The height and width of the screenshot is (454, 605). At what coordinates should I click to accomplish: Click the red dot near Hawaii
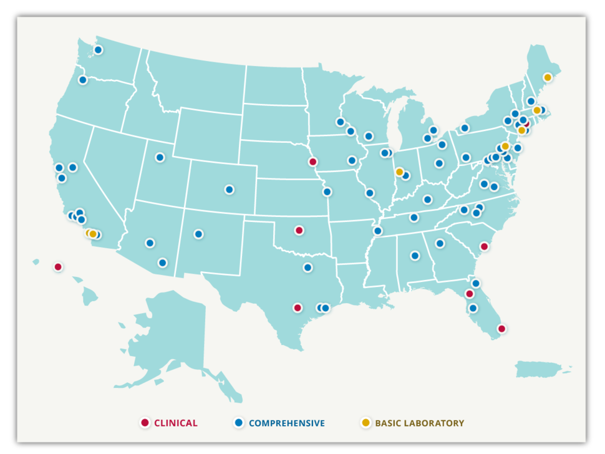pyautogui.click(x=58, y=267)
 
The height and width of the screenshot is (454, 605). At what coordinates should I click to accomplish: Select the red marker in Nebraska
pyautogui.click(x=313, y=162)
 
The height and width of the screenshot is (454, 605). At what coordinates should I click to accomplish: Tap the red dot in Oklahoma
pyautogui.click(x=299, y=230)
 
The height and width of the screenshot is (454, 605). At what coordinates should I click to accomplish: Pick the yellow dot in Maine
pyautogui.click(x=548, y=77)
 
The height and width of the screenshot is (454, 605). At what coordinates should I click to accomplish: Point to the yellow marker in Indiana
pyautogui.click(x=399, y=171)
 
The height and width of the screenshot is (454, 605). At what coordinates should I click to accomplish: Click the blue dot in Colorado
pyautogui.click(x=230, y=190)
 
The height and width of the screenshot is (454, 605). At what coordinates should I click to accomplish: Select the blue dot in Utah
pyautogui.click(x=160, y=157)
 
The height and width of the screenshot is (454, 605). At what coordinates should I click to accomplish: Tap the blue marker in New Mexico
pyautogui.click(x=198, y=234)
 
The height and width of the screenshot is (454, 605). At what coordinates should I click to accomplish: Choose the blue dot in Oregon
pyautogui.click(x=82, y=80)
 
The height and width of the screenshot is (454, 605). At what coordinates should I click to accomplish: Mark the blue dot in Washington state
pyautogui.click(x=98, y=50)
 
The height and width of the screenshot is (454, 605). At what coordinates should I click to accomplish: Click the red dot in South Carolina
pyautogui.click(x=484, y=246)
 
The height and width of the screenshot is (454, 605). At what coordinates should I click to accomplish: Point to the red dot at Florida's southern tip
pyautogui.click(x=501, y=329)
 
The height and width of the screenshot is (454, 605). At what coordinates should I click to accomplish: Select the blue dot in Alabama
pyautogui.click(x=415, y=256)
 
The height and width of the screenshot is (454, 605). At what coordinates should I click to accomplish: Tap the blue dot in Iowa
pyautogui.click(x=352, y=160)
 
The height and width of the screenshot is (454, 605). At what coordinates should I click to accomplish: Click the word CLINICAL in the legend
pyautogui.click(x=176, y=423)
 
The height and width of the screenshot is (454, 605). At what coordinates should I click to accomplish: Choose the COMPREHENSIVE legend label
pyautogui.click(x=286, y=423)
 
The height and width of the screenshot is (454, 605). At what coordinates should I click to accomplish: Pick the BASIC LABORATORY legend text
pyautogui.click(x=419, y=423)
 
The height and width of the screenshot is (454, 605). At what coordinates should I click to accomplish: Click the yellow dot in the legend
pyautogui.click(x=366, y=422)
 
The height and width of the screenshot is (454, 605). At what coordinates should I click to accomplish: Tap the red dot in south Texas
pyautogui.click(x=298, y=307)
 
